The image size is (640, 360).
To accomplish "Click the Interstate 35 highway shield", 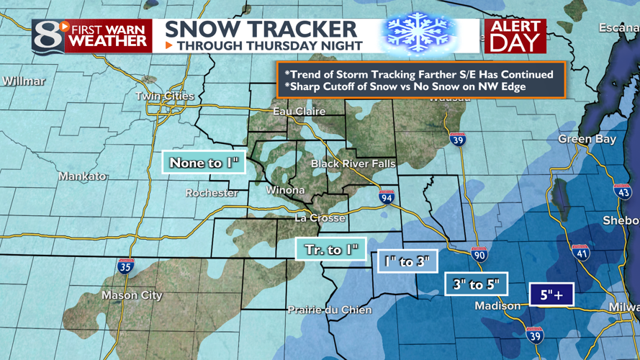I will pyautogui.click(x=125, y=266).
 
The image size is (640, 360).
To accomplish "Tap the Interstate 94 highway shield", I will pyautogui.click(x=387, y=196).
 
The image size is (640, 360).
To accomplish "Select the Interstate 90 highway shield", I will pyautogui.click(x=479, y=253).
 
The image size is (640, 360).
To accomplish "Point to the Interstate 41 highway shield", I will pyautogui.click(x=581, y=252).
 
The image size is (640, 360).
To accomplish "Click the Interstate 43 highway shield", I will pyautogui.click(x=623, y=191).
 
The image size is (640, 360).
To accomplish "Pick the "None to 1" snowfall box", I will pyautogui.click(x=204, y=163).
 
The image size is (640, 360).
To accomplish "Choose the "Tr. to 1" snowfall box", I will pyautogui.click(x=331, y=249).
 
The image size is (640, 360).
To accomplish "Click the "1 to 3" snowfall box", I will pyautogui.click(x=407, y=261).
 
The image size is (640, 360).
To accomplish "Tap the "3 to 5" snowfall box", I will pyautogui.click(x=477, y=284).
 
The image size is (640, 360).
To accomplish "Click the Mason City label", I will pyautogui.click(x=132, y=295).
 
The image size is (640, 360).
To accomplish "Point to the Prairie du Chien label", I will pyautogui.click(x=330, y=310).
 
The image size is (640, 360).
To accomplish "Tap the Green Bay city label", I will pyautogui.click(x=587, y=139).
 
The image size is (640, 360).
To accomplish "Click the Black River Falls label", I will pyautogui.click(x=353, y=164).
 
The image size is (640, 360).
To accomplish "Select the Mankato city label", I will pyautogui.click(x=82, y=176).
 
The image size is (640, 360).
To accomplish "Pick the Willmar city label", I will pyautogui.click(x=24, y=81).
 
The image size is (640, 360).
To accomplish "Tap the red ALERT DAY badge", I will pyautogui.click(x=515, y=36).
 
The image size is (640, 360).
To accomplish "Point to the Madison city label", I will pyautogui.click(x=497, y=306).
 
